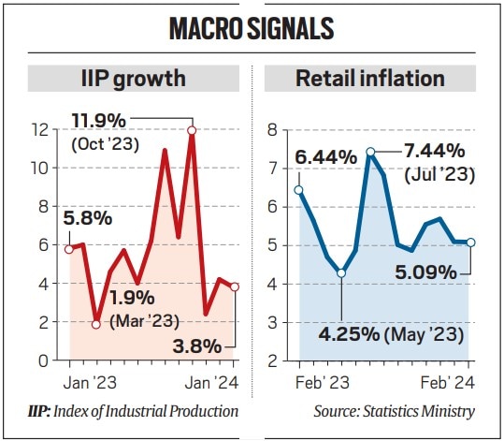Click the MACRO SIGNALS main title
pos(252,28)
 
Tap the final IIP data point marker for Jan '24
pos(236,287)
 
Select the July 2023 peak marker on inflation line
pos(370,151)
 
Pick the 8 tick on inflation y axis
pos(273,130)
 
